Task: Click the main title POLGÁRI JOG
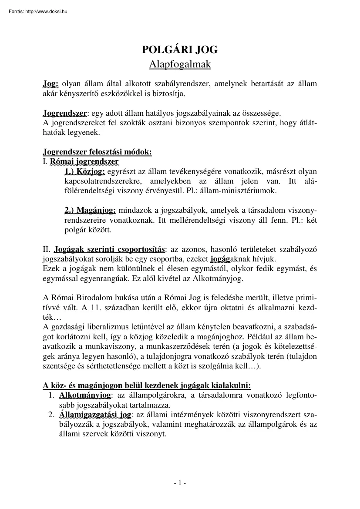click(180, 50)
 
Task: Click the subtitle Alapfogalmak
click(180, 64)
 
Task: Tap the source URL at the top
click(38, 12)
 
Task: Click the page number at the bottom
click(180, 483)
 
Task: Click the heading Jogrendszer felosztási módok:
click(97, 152)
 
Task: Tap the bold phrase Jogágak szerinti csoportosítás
click(109, 250)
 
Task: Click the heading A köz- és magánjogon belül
click(147, 385)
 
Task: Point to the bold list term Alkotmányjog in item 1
click(85, 395)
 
